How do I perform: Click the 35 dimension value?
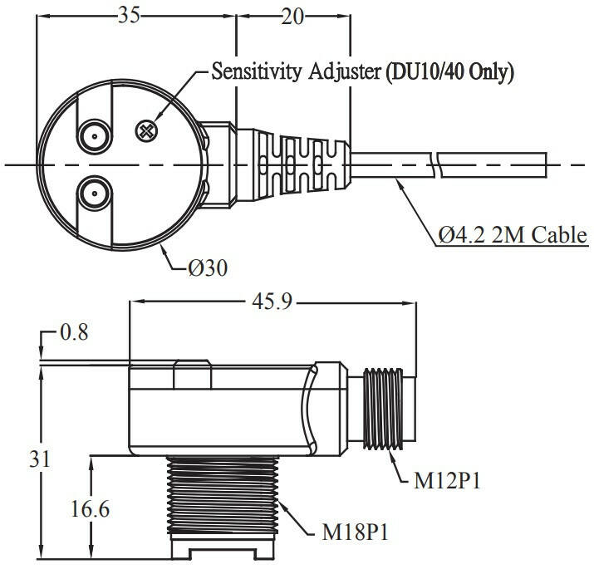coord(128,16)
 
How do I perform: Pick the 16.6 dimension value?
coord(91,507)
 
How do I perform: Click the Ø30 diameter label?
coord(208,267)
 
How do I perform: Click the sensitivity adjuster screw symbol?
coord(147,130)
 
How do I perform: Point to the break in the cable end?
coord(438,164)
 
